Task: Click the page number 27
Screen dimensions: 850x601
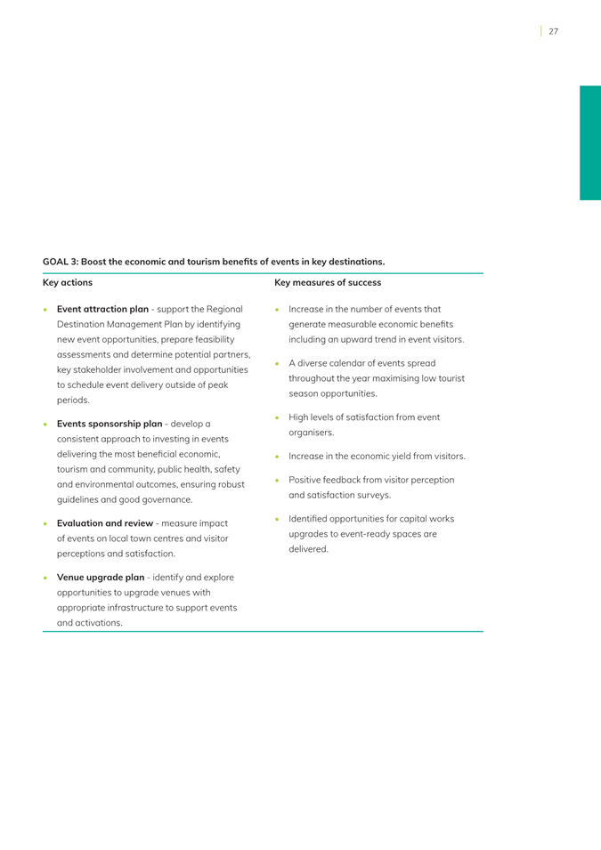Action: (x=553, y=31)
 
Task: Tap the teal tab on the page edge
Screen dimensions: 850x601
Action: (x=589, y=142)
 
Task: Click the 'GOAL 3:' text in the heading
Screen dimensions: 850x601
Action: (x=60, y=262)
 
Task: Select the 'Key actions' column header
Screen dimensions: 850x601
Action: (x=68, y=283)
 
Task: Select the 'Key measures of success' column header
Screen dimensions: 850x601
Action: (x=328, y=283)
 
